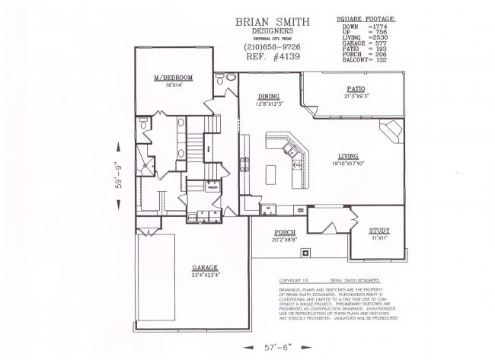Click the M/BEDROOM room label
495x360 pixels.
point(173,78)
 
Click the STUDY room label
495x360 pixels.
point(378,231)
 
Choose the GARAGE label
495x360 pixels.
point(206,268)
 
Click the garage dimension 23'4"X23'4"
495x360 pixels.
point(206,275)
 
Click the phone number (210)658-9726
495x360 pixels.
point(271,48)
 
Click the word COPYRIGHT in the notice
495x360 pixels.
point(294,279)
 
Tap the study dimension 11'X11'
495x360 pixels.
point(378,238)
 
